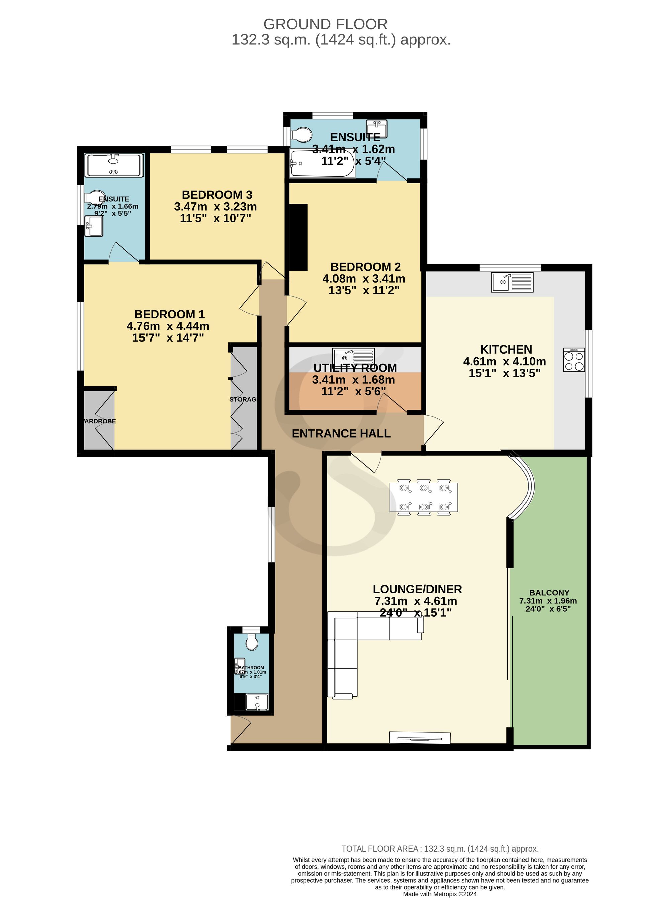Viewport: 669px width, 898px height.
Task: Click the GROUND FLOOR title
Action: click(325, 24)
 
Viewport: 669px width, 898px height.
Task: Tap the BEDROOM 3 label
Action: click(217, 195)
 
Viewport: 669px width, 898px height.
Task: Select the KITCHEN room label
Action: click(506, 350)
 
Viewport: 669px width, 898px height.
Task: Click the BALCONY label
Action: click(549, 593)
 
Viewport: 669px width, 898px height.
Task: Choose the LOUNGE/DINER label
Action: click(417, 589)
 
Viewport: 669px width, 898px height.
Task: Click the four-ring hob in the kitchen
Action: click(574, 360)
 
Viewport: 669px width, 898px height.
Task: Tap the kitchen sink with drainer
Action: click(512, 282)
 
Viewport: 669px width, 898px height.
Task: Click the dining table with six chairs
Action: click(424, 497)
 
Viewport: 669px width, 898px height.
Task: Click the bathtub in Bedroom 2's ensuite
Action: click(323, 163)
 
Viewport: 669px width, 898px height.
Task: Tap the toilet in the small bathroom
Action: click(252, 642)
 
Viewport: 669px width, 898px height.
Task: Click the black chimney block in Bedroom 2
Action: click(299, 237)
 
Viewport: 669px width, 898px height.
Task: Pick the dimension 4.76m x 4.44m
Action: click(168, 326)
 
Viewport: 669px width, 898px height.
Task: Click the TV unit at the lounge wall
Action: click(419, 738)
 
